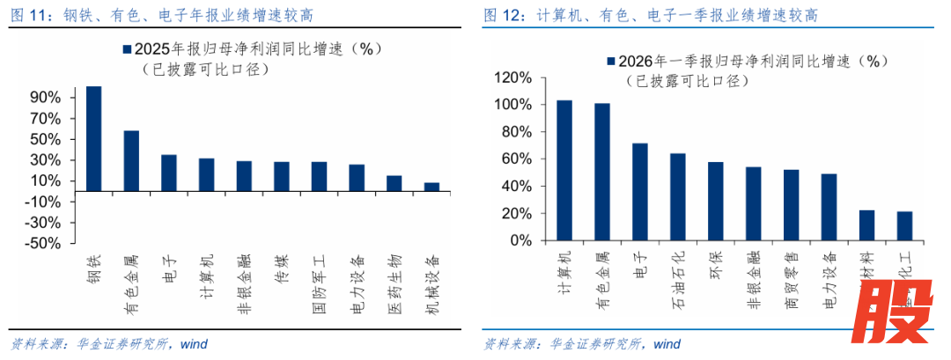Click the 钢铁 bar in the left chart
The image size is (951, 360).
tap(92, 138)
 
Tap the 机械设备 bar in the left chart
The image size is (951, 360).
tap(431, 187)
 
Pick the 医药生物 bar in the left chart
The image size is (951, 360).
tap(394, 183)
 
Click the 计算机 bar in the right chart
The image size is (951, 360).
tap(564, 170)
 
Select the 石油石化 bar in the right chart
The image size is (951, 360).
tap(677, 196)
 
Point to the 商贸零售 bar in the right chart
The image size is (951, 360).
tap(791, 204)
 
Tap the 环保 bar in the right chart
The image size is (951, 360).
tap(715, 201)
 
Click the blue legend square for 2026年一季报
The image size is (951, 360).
tap(608, 62)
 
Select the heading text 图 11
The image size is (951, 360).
tap(26, 16)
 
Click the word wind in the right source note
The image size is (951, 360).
tap(667, 343)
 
